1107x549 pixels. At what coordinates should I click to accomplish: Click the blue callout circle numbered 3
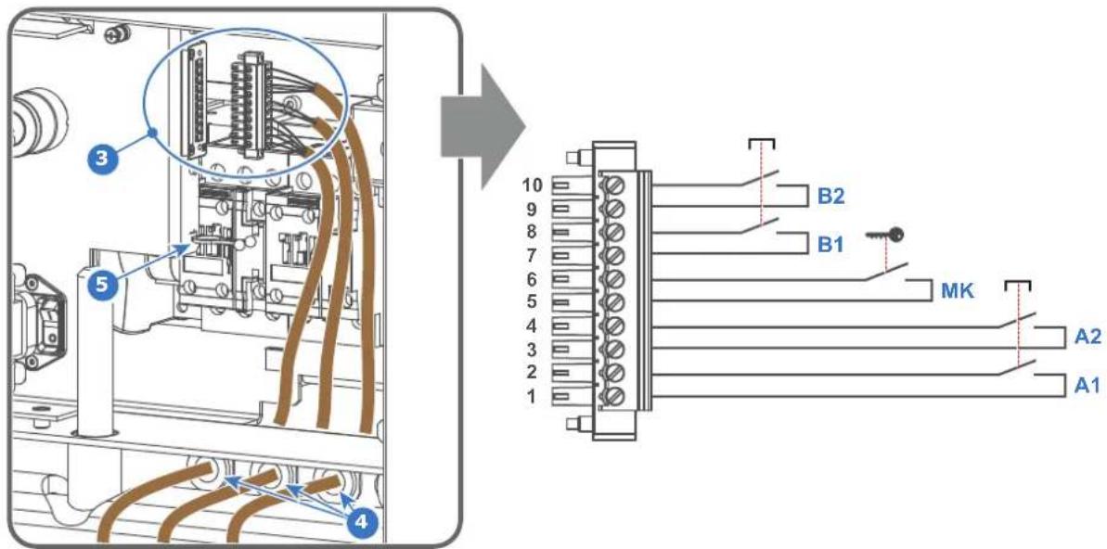click(x=104, y=158)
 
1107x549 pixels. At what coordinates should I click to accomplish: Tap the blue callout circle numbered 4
click(x=361, y=523)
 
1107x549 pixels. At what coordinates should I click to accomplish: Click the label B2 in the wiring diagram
click(x=830, y=197)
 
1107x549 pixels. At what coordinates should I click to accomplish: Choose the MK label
click(x=958, y=290)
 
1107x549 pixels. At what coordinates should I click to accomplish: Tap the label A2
click(x=1088, y=338)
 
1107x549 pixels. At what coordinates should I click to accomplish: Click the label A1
click(x=1088, y=386)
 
